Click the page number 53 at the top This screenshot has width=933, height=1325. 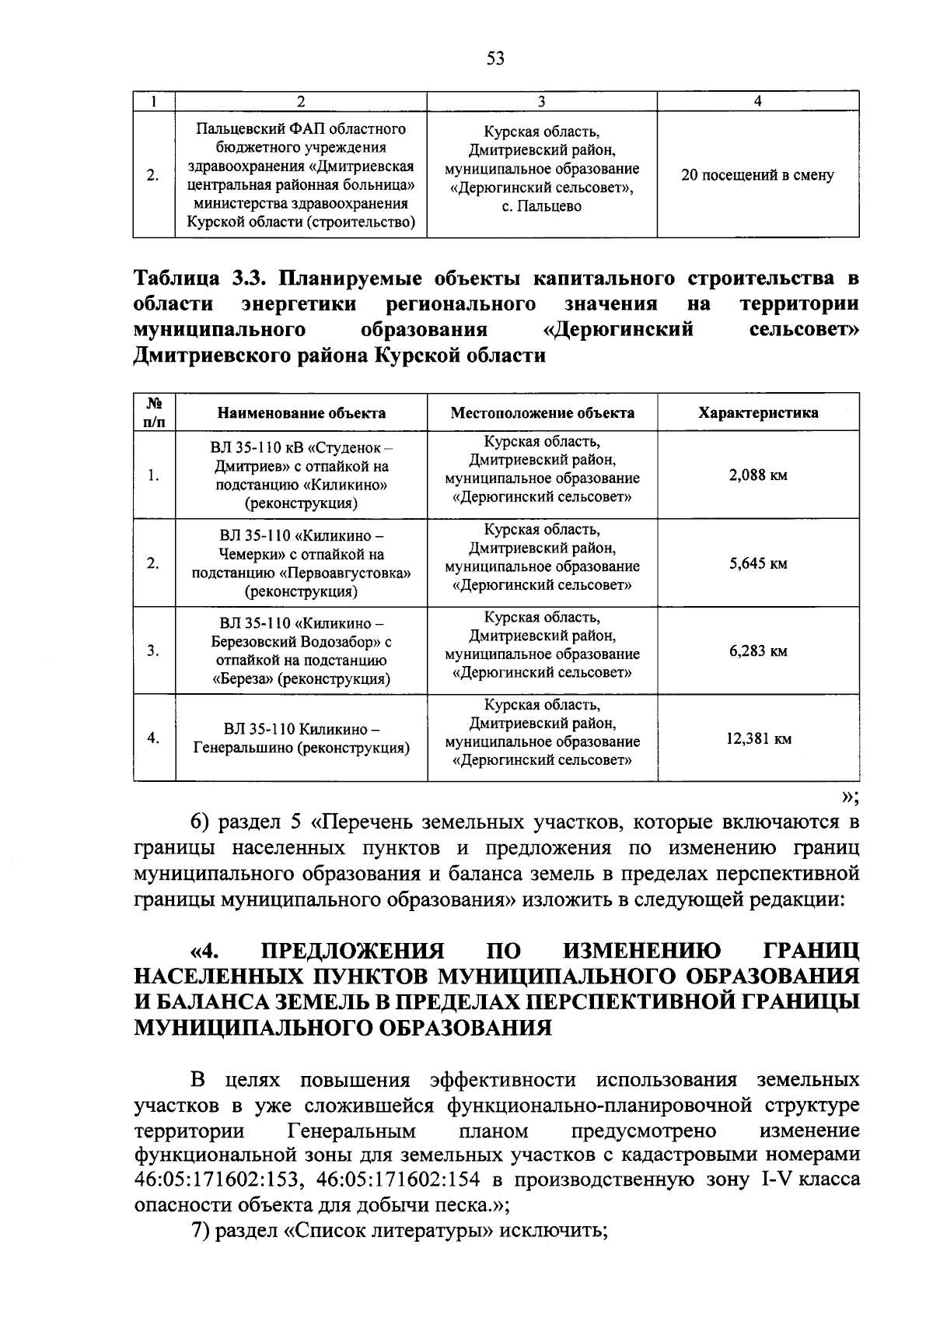[x=495, y=58]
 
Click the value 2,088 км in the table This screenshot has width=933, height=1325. [x=758, y=475]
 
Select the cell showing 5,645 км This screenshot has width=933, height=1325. [x=758, y=563]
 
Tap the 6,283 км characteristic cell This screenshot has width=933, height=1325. [x=758, y=651]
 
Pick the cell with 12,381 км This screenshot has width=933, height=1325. [x=758, y=738]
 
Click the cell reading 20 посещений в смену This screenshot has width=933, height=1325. [x=757, y=175]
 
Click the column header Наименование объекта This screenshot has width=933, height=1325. [x=301, y=413]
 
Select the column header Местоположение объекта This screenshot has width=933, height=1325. [x=542, y=413]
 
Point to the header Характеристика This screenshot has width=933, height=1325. [x=758, y=413]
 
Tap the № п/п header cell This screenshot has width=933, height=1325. [x=154, y=412]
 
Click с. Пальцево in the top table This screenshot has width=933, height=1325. [x=542, y=207]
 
